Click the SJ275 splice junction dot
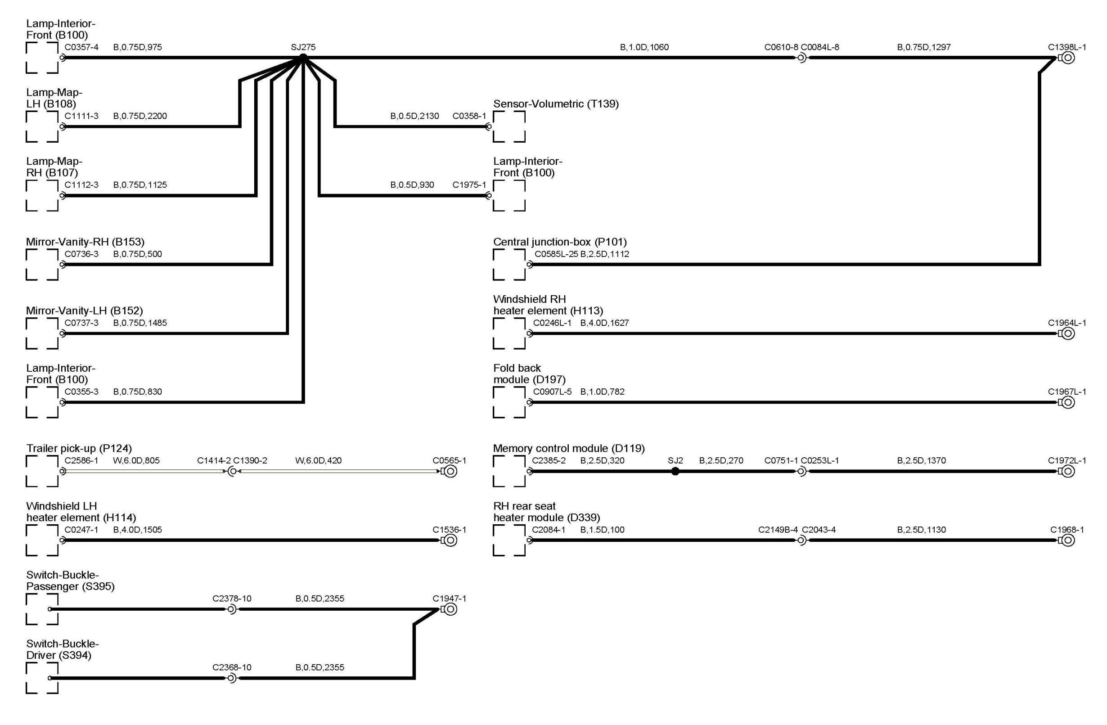pyautogui.click(x=303, y=58)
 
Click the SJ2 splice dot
pyautogui.click(x=675, y=471)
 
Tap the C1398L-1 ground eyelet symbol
pyautogui.click(x=1068, y=58)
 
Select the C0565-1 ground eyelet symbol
pyautogui.click(x=450, y=471)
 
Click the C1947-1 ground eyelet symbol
pyautogui.click(x=450, y=609)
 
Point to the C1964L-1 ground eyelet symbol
pyautogui.click(x=1068, y=333)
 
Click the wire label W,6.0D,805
pyautogui.click(x=136, y=460)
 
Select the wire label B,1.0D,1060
pyautogui.click(x=644, y=47)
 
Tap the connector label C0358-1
pyautogui.click(x=469, y=116)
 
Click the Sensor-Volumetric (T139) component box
pyautogui.click(x=509, y=126)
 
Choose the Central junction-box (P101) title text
pyautogui.click(x=559, y=242)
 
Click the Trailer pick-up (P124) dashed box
pyautogui.click(x=42, y=471)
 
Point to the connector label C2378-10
pyautogui.click(x=232, y=599)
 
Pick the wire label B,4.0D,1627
pyautogui.click(x=604, y=323)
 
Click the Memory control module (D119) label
pyautogui.click(x=568, y=448)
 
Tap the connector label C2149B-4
pyautogui.click(x=778, y=530)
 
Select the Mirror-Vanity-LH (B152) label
pyautogui.click(x=84, y=311)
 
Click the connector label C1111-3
pyautogui.click(x=81, y=116)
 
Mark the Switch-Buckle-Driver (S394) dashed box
pyautogui.click(x=42, y=678)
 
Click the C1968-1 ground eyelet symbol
pyautogui.click(x=1068, y=540)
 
